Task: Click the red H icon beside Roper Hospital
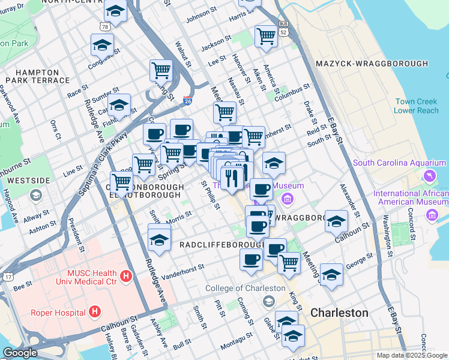[x=94, y=311]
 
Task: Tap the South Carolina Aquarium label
[x=399, y=163]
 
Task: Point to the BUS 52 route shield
[x=283, y=30]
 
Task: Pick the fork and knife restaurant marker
[x=231, y=177]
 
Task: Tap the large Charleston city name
[x=339, y=313]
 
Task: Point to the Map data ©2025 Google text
[x=411, y=355]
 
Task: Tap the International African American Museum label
[x=411, y=198]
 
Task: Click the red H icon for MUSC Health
[x=125, y=276]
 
